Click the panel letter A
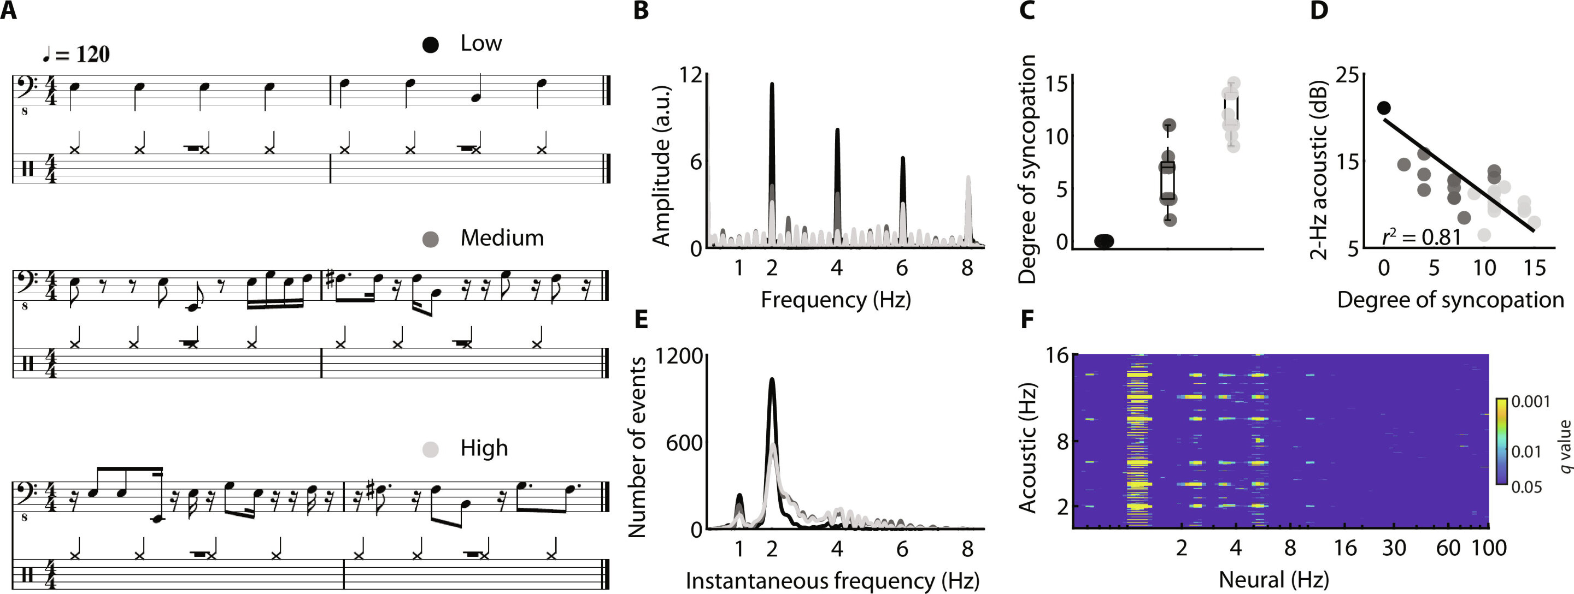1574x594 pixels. pyautogui.click(x=9, y=10)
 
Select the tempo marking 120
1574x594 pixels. pyautogui.click(x=93, y=55)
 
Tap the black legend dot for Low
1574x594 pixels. pyautogui.click(x=431, y=45)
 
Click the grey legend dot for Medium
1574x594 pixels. pyautogui.click(x=431, y=239)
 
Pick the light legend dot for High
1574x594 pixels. pyautogui.click(x=431, y=449)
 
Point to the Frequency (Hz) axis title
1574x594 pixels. pyautogui.click(x=835, y=300)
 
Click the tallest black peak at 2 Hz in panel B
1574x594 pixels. pyautogui.click(x=772, y=86)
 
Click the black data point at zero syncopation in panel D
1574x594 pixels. pyautogui.click(x=1384, y=108)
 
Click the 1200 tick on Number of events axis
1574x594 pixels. pyautogui.click(x=679, y=355)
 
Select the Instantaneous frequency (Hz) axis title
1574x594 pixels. pyautogui.click(x=832, y=580)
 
